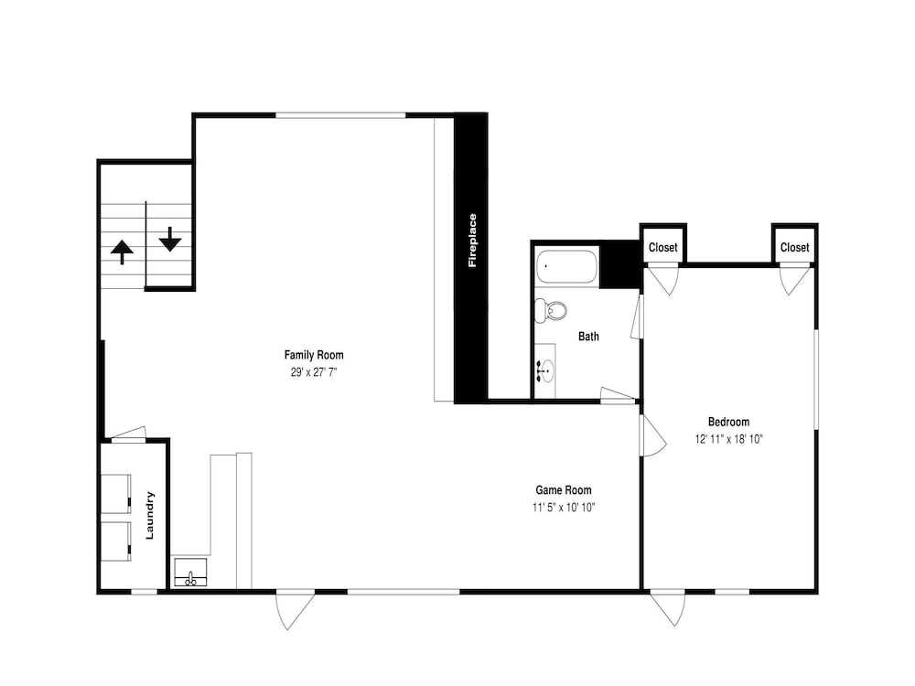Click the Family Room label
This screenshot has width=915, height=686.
click(314, 355)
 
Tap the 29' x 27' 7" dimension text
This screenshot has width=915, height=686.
click(314, 372)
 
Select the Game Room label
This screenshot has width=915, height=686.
click(563, 490)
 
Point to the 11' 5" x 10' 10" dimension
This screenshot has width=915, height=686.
click(563, 508)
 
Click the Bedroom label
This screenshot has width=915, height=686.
click(728, 422)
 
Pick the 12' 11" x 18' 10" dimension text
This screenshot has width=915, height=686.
click(728, 439)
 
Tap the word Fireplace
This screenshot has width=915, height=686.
click(472, 241)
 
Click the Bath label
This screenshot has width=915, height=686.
click(588, 337)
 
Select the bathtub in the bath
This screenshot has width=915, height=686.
click(567, 266)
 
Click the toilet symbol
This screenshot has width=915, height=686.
click(550, 310)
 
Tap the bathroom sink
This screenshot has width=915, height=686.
click(545, 370)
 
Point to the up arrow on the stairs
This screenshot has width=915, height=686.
click(122, 252)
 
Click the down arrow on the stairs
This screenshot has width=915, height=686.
click(170, 239)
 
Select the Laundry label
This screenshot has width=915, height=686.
click(149, 515)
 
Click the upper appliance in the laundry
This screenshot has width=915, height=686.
click(116, 494)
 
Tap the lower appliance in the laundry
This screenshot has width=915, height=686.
click(116, 541)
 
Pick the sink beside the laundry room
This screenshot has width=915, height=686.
click(190, 573)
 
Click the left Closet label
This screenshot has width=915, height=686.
click(662, 247)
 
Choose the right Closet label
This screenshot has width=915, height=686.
click(795, 247)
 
